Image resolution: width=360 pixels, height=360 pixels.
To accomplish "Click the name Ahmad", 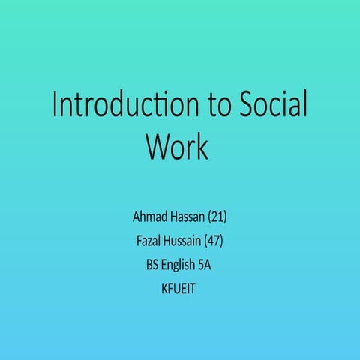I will tap(150, 217).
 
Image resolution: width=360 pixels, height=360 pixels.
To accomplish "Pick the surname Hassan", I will tap(190, 217).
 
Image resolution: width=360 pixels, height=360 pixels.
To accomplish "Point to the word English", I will tap(181, 265).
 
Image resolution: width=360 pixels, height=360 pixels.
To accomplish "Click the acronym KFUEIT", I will tap(179, 287).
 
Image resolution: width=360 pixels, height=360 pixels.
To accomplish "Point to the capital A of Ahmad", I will tap(137, 217).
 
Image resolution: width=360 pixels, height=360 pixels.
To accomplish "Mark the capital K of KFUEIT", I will tap(165, 287).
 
